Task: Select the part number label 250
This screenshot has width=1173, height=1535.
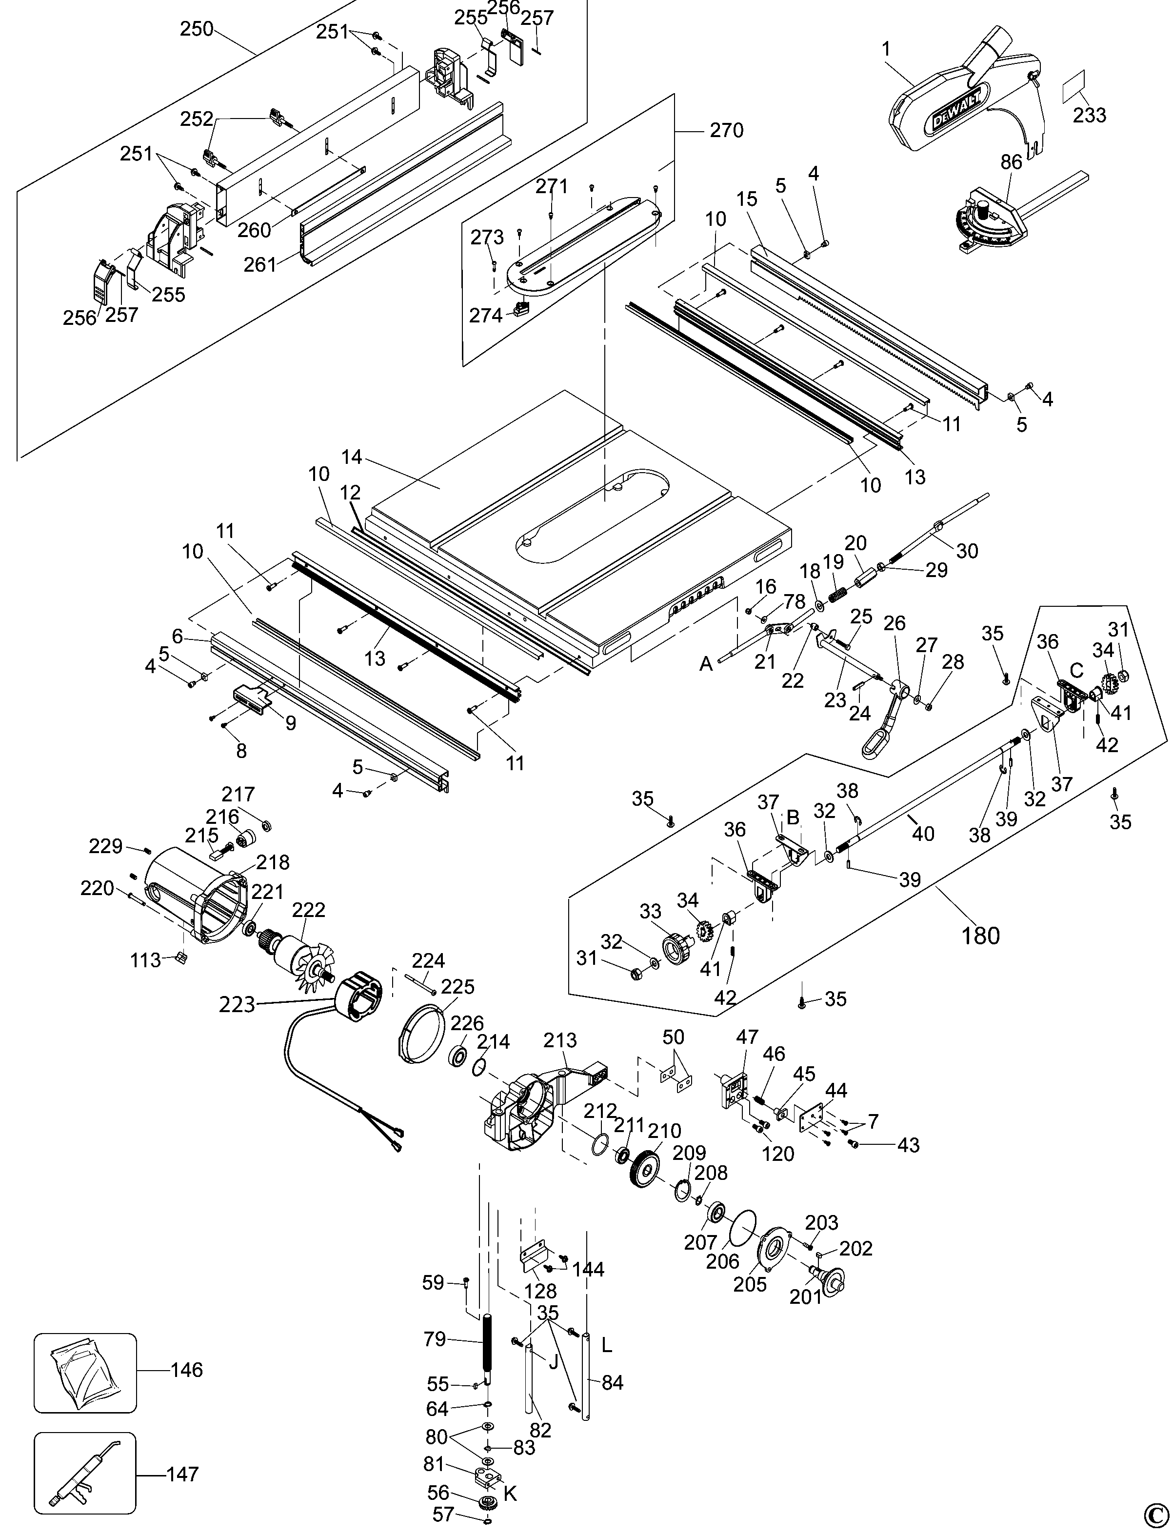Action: pos(198,29)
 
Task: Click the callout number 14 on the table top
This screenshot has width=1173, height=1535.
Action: pos(352,458)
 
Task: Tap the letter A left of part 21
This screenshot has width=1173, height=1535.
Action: pos(707,663)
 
